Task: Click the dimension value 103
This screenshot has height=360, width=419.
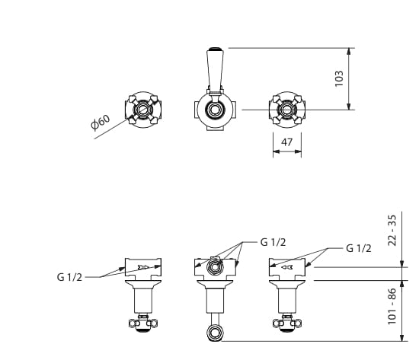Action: [x=339, y=78]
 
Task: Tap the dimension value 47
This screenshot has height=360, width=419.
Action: [x=286, y=142]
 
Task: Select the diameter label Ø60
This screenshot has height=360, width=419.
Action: [x=101, y=123]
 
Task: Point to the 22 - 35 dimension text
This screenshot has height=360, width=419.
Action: [x=392, y=230]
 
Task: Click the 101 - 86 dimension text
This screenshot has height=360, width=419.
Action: [x=392, y=306]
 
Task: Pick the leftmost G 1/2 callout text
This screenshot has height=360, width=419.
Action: [x=69, y=277]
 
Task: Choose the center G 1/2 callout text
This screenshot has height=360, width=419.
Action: [x=273, y=242]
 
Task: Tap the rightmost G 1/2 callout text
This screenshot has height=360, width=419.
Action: [x=359, y=248]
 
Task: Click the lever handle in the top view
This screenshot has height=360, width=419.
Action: [x=215, y=71]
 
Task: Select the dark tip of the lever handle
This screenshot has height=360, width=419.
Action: [x=215, y=49]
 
